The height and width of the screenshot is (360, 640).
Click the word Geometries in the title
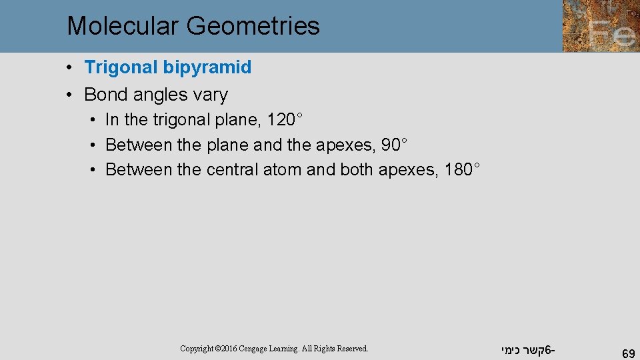(253, 26)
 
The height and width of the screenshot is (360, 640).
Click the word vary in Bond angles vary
(210, 95)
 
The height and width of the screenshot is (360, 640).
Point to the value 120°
(285, 120)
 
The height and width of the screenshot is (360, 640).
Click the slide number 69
(627, 353)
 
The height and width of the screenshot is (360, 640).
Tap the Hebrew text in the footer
(526, 349)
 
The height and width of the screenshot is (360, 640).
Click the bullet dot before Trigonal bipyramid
(70, 67)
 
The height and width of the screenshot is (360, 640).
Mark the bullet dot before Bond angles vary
(70, 95)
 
